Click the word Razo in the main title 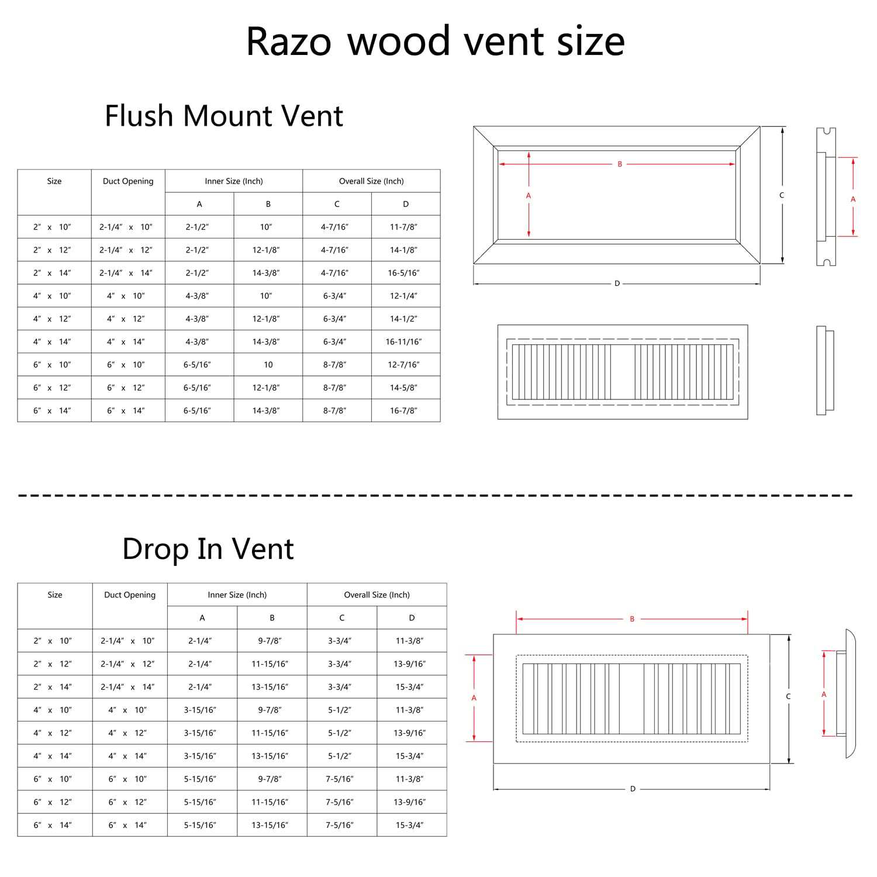pos(289,42)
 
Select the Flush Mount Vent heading pos(224,115)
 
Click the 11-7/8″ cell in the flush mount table pos(403,227)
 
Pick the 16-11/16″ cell pos(403,341)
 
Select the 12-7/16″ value pos(403,365)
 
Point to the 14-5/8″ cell pos(403,388)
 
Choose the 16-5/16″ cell pos(403,273)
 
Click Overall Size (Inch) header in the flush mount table pos(371,181)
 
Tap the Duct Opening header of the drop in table pos(130,595)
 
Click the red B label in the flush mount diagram pos(620,164)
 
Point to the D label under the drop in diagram pos(633,789)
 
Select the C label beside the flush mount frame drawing pos(782,195)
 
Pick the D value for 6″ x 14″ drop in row pos(409,825)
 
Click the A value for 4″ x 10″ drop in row pos(200,710)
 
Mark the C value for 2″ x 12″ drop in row pos(340,664)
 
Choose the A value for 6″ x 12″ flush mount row pos(197,388)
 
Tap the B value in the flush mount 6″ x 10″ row pos(268,365)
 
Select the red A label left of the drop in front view pos(474,698)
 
